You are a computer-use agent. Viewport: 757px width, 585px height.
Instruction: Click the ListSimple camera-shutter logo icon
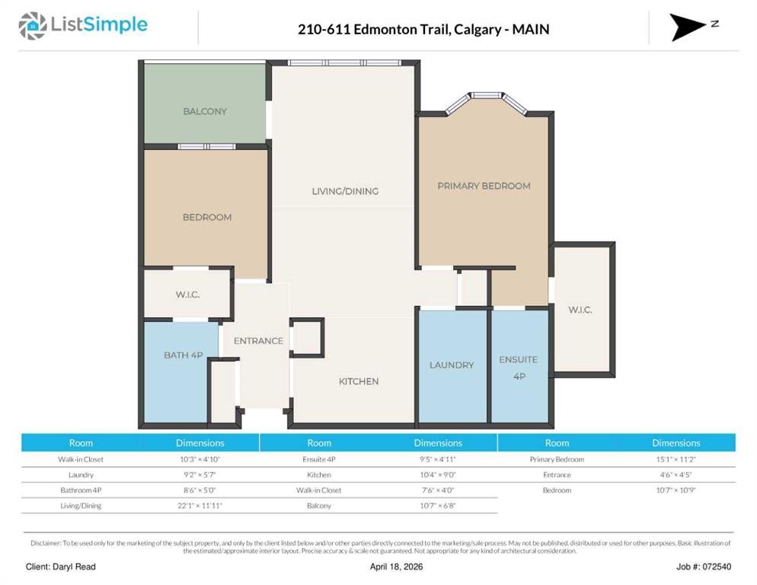pos(32,26)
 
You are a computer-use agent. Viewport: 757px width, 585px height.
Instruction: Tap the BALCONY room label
pos(205,111)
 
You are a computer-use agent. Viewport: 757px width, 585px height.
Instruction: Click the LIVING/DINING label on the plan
pos(345,191)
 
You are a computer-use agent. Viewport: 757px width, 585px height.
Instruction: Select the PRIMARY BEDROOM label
pos(484,186)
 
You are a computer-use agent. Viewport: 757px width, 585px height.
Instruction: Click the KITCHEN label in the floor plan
pos(359,382)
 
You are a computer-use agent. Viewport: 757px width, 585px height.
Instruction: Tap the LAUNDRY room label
pos(452,365)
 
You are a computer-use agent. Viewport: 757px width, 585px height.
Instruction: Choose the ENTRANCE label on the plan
pos(258,341)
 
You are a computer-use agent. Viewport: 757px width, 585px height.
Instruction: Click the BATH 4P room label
pos(184,356)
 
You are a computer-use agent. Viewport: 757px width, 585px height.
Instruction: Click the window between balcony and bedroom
pos(206,146)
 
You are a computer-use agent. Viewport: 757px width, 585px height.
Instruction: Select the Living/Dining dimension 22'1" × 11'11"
pos(200,506)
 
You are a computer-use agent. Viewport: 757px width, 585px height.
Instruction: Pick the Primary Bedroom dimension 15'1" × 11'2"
pos(676,459)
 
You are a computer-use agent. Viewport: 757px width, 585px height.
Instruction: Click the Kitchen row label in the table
pos(319,475)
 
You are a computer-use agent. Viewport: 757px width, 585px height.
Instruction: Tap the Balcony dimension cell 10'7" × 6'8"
pos(438,506)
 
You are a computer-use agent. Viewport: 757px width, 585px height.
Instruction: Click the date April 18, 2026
pos(396,567)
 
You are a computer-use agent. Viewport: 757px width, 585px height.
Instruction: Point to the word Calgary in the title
pos(471,30)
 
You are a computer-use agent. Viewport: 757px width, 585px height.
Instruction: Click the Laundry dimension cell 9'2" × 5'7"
pos(200,475)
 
